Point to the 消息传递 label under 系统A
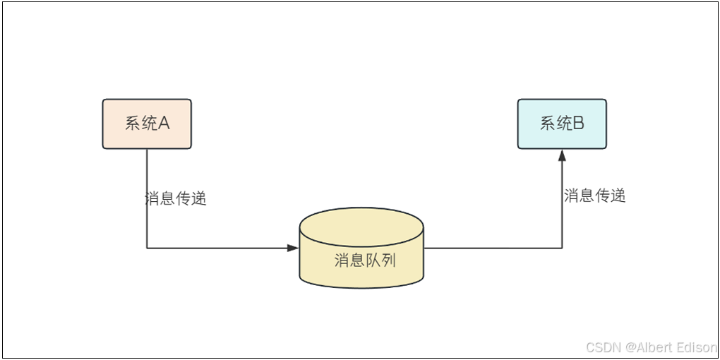point(175,198)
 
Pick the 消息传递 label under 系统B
point(594,196)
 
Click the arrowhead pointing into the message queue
point(293,248)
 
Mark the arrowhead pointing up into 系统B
point(562,155)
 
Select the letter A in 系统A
point(163,124)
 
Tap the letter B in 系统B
point(577,124)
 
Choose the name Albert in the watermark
point(653,347)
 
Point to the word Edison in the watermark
point(697,347)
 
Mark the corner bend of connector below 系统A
point(147,248)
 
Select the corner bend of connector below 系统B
point(562,248)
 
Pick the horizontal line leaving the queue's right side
point(494,248)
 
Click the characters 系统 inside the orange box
point(138,124)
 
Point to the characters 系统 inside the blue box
point(554,124)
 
